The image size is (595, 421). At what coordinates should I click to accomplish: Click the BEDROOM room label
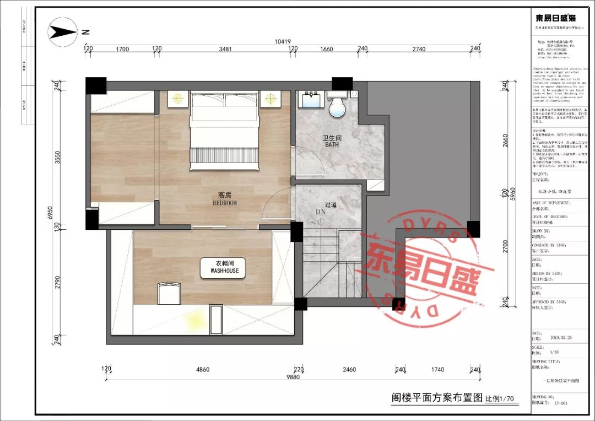pyautogui.click(x=224, y=203)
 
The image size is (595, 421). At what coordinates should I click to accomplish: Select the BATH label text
pyautogui.click(x=332, y=145)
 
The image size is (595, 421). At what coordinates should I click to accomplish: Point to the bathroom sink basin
pyautogui.click(x=312, y=102)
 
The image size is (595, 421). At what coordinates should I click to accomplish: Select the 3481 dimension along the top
pyautogui.click(x=225, y=50)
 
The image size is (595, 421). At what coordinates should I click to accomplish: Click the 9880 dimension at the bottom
pyautogui.click(x=293, y=377)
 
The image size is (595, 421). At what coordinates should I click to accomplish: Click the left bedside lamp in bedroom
pyautogui.click(x=177, y=99)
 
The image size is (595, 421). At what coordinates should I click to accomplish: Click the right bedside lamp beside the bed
pyautogui.click(x=270, y=99)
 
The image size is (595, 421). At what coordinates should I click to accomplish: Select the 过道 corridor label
pyautogui.click(x=331, y=204)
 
